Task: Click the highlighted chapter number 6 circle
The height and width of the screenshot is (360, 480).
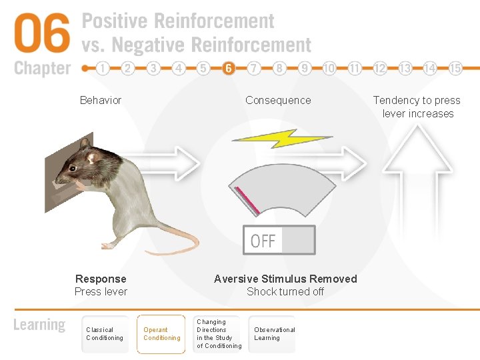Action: (229, 68)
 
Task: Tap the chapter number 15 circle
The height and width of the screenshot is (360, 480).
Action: (455, 68)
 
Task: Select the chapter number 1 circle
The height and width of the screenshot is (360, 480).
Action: (103, 68)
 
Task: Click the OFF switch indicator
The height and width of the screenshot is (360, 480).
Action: (279, 240)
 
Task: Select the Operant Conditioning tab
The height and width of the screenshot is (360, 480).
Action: (161, 334)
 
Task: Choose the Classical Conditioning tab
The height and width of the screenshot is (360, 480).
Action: (105, 334)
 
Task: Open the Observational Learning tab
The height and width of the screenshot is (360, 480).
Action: (274, 334)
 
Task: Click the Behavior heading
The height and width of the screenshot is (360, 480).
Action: (101, 101)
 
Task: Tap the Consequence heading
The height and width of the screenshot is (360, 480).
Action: (278, 101)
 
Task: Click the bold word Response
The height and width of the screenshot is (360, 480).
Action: (101, 279)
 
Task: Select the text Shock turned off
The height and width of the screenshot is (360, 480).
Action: (285, 291)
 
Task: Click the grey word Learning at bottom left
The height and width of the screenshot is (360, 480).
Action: (39, 325)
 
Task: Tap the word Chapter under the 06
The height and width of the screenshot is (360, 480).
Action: (42, 68)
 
